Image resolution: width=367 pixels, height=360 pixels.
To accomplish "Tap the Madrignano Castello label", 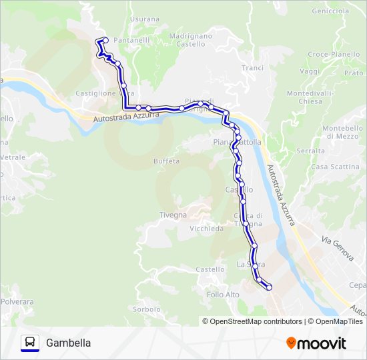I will pyautogui.click(x=191, y=39).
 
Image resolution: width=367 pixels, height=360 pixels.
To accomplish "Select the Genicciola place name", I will pyautogui.click(x=330, y=11).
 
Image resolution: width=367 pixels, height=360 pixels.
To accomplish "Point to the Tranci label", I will pyautogui.click(x=253, y=68).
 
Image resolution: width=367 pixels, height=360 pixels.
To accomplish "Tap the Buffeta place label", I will pyautogui.click(x=166, y=161).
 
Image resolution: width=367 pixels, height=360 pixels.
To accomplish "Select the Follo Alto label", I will pyautogui.click(x=223, y=295).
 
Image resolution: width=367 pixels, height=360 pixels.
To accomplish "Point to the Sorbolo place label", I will pyautogui.click(x=147, y=309).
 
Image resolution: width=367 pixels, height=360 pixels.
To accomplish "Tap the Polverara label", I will pyautogui.click(x=17, y=302).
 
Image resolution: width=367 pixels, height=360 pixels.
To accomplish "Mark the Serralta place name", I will pyautogui.click(x=310, y=151).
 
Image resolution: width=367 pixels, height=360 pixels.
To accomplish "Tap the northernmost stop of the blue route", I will pyautogui.click(x=104, y=41).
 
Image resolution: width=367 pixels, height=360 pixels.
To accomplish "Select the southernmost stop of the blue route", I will pyautogui.click(x=270, y=287).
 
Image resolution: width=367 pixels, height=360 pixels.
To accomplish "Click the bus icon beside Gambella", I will pyautogui.click(x=30, y=343).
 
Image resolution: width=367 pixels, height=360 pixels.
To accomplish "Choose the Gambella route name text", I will pyautogui.click(x=69, y=343).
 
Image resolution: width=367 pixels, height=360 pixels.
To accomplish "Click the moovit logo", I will pyautogui.click(x=316, y=343).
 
